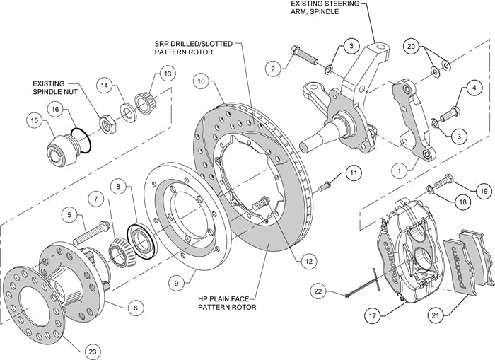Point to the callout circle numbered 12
coord(307,260)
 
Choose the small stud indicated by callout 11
coord(326,185)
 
